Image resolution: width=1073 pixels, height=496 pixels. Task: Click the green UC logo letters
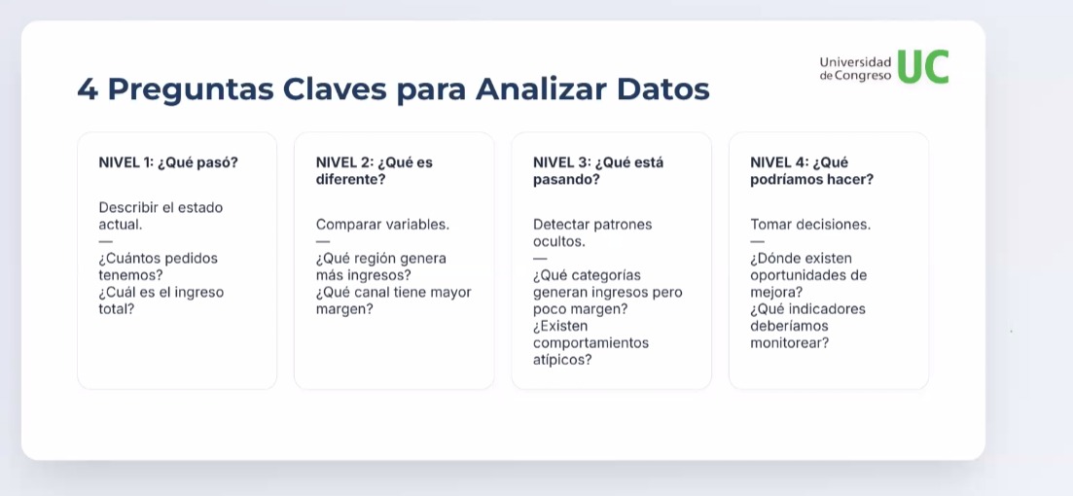(x=922, y=66)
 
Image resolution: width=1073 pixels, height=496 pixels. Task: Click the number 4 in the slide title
(x=87, y=89)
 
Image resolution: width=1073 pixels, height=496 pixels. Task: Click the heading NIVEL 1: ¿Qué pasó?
(x=168, y=162)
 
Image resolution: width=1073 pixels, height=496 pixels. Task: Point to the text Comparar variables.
(x=382, y=225)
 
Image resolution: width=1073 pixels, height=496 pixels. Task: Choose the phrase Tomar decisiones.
(x=810, y=225)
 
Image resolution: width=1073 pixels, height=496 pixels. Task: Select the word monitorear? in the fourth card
(x=790, y=342)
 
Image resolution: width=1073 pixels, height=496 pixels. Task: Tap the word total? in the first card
(x=117, y=309)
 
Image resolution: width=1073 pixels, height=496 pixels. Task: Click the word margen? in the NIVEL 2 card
(x=344, y=309)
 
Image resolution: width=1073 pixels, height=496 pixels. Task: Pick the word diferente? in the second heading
(x=350, y=180)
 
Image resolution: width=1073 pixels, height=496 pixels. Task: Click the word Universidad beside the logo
(x=855, y=62)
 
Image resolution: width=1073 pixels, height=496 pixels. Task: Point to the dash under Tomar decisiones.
(x=757, y=241)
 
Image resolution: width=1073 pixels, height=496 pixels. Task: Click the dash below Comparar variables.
(x=322, y=241)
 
